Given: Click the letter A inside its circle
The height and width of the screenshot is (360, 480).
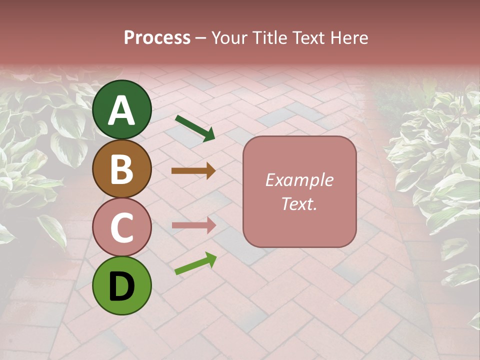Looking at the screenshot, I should tap(122, 110).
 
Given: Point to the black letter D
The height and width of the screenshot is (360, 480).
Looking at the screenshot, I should tap(122, 287).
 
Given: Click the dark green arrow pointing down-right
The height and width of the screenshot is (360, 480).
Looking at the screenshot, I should tap(194, 127).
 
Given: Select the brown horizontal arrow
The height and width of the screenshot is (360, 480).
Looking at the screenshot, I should tap(193, 171).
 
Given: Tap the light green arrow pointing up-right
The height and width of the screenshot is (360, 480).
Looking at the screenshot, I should tap(195, 263).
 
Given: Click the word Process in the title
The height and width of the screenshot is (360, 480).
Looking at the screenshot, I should tap(157, 38).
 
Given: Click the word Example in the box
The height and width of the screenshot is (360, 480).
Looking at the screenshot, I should tap(299, 180).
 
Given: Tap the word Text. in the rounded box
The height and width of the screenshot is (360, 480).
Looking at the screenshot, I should tap(299, 203).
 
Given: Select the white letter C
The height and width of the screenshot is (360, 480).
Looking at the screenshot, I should tap(122, 227).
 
